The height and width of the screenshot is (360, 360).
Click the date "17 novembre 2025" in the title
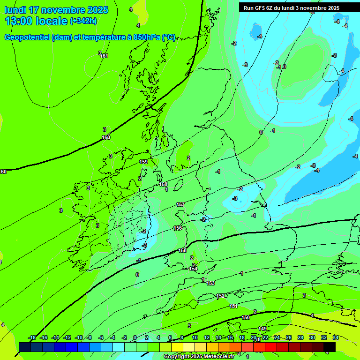(x=68, y=10)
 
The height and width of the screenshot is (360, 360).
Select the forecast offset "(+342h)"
(x=83, y=21)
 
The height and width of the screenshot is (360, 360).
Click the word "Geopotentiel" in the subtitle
(x=28, y=37)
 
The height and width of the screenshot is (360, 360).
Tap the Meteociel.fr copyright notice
(x=199, y=357)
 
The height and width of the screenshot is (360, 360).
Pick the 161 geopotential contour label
(x=104, y=56)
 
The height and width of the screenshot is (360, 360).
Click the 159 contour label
(x=144, y=162)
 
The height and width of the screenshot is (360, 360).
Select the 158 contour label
(x=163, y=184)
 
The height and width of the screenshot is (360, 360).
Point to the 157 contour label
(x=180, y=204)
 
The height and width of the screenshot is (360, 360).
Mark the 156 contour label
(x=178, y=228)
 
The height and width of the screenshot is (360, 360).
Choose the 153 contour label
(x=210, y=283)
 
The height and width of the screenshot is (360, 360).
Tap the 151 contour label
(x=233, y=306)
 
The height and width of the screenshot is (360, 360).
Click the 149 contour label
(x=262, y=329)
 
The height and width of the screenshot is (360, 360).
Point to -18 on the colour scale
(x=32, y=337)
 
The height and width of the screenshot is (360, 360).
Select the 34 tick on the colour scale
(x=336, y=337)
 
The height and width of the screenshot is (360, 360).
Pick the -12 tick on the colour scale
(x=67, y=337)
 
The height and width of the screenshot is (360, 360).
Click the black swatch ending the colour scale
(x=330, y=347)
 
